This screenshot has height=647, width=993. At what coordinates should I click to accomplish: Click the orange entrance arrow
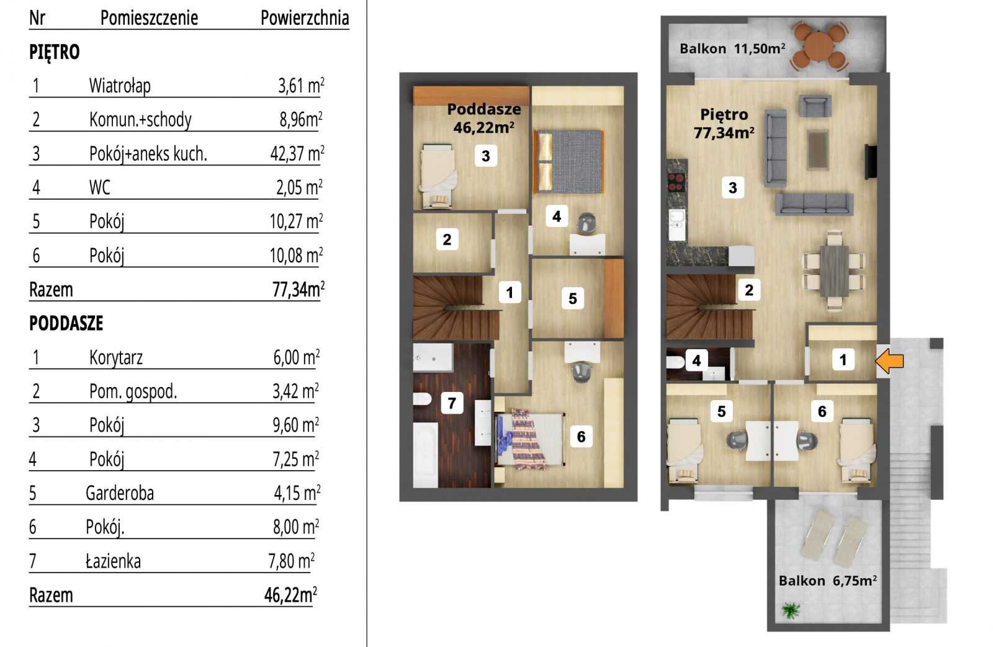889,361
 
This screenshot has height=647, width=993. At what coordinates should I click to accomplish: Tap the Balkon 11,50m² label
733,48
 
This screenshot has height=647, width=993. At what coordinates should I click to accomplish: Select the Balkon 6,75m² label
828,581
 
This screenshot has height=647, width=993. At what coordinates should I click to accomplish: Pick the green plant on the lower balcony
791,610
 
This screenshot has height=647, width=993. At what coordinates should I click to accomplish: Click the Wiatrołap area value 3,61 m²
301,86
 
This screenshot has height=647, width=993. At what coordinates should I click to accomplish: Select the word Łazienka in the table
113,561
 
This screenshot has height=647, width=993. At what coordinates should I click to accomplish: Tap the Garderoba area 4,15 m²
297,493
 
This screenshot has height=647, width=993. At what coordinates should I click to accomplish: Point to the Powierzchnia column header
305,18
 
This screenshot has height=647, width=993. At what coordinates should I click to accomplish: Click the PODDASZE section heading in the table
66,324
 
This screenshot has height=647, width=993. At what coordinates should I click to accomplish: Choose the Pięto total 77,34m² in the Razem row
299,290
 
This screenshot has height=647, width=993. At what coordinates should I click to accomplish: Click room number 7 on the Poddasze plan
452,403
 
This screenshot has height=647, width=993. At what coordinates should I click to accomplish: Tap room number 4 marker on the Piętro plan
696,361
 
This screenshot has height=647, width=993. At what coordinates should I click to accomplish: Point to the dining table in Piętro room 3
834,270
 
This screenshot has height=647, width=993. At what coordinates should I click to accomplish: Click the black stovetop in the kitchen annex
676,182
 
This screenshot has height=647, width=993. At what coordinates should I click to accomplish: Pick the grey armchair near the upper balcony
815,105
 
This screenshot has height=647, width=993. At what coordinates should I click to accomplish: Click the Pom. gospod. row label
133,392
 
